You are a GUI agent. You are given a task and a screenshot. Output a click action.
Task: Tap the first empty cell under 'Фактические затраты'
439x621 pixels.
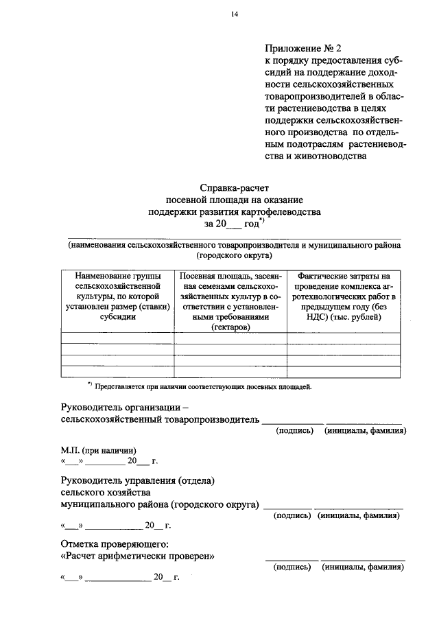(x=343, y=338)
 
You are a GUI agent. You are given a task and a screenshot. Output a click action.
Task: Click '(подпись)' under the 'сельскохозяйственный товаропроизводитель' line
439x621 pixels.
(x=294, y=430)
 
